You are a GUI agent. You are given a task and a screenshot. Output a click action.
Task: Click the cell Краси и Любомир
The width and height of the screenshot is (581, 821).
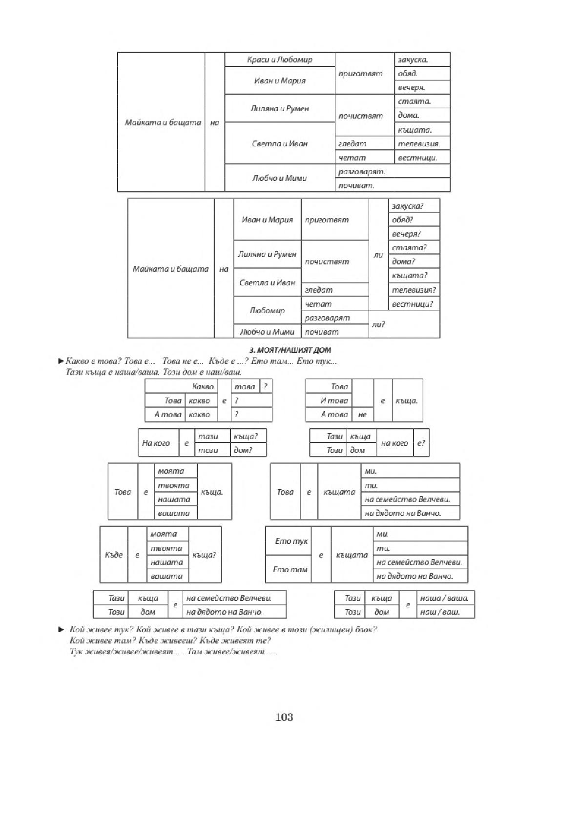(279, 60)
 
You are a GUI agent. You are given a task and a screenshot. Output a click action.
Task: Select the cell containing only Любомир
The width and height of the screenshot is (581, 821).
(267, 310)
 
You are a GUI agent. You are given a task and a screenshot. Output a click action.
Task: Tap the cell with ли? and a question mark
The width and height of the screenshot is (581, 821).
(404, 324)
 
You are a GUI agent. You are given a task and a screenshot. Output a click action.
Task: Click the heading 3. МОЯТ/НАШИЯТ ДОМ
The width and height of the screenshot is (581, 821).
(290, 350)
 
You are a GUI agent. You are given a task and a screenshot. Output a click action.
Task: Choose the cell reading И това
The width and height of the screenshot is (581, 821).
(329, 400)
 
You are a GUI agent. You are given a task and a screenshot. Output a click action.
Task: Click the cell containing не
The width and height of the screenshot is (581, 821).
(362, 415)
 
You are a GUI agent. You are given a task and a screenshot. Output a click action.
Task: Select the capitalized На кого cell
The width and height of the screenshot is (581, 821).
(159, 443)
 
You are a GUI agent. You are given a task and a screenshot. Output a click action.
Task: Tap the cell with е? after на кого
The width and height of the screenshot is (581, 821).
(421, 443)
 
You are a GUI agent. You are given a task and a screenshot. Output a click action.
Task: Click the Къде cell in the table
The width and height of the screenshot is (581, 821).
(114, 555)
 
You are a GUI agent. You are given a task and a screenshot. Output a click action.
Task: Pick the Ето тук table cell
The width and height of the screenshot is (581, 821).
(288, 541)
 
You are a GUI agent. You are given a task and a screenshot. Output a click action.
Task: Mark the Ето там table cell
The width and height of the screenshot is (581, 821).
(288, 569)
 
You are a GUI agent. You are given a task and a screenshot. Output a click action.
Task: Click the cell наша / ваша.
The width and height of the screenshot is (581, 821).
(445, 598)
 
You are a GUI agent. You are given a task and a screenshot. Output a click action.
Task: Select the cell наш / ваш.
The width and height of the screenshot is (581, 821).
(445, 612)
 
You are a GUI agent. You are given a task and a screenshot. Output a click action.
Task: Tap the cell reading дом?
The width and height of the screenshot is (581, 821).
(249, 450)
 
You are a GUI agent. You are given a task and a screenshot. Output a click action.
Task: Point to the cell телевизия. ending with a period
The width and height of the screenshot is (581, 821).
(422, 144)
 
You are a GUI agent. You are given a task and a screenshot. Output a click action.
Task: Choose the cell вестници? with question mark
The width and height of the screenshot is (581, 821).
(414, 304)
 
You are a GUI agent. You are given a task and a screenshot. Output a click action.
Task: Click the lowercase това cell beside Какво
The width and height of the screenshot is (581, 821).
(245, 387)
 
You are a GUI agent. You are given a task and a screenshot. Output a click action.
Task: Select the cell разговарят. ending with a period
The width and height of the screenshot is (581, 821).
(393, 171)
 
